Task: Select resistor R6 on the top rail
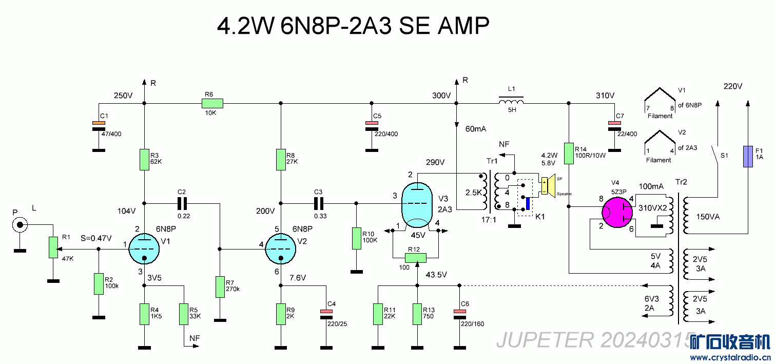(212, 104)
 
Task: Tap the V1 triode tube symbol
(144, 250)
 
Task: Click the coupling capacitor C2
(182, 203)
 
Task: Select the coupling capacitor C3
(319, 203)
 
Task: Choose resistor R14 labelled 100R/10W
(569, 154)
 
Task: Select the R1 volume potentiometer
(52, 247)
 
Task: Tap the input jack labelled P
(20, 224)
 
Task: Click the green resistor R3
(144, 160)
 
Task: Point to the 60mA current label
(475, 129)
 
